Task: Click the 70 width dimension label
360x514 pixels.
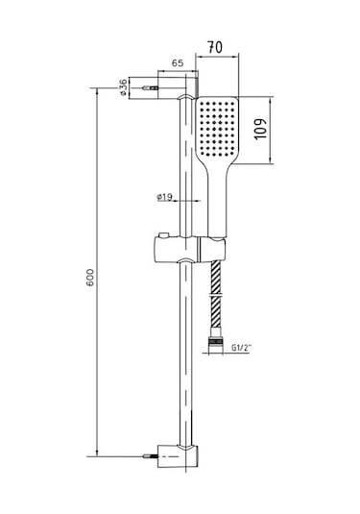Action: click(x=215, y=47)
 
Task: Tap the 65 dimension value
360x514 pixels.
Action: click(x=178, y=63)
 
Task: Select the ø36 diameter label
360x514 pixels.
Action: click(x=123, y=87)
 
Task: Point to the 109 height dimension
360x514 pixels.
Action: click(x=261, y=128)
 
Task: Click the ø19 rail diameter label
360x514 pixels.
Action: click(x=164, y=197)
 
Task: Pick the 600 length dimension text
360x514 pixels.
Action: click(x=89, y=278)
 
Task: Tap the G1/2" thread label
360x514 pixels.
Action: click(x=241, y=348)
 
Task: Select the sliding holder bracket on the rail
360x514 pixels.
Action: click(x=190, y=249)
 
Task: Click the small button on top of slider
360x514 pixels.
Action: click(x=163, y=235)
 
